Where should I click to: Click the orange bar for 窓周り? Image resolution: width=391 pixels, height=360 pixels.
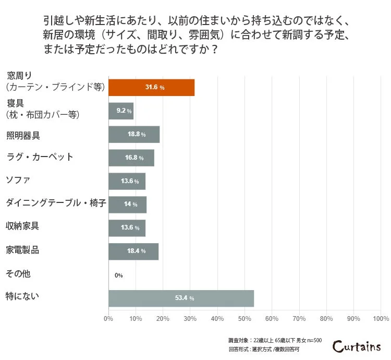tap(151, 87)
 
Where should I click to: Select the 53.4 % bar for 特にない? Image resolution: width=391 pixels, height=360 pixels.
tap(181, 298)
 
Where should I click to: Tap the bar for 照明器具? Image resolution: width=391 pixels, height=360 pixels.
tap(134, 134)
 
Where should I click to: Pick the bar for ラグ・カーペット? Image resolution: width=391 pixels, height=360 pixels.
tap(131, 158)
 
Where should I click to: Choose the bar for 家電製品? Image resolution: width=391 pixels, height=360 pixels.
tap(133, 251)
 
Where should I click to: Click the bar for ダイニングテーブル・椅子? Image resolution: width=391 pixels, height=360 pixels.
tap(128, 205)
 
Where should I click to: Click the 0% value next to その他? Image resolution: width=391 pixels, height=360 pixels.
tap(118, 275)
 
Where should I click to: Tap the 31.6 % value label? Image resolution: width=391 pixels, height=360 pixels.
tap(154, 87)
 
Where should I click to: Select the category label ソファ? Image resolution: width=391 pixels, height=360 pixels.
tap(18, 180)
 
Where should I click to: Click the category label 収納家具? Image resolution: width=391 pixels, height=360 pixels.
tap(22, 226)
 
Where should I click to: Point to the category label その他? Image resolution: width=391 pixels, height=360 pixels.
tap(18, 273)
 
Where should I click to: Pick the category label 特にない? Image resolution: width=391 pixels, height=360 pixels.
tap(22, 297)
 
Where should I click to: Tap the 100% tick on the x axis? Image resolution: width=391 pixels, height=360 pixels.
tap(381, 318)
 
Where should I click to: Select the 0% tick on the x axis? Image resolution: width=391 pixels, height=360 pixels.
tap(108, 318)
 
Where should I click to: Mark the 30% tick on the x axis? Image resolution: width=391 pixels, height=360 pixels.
tap(190, 318)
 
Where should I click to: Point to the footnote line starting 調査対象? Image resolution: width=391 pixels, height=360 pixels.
tap(275, 340)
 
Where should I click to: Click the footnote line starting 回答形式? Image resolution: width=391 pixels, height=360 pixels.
tap(264, 349)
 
